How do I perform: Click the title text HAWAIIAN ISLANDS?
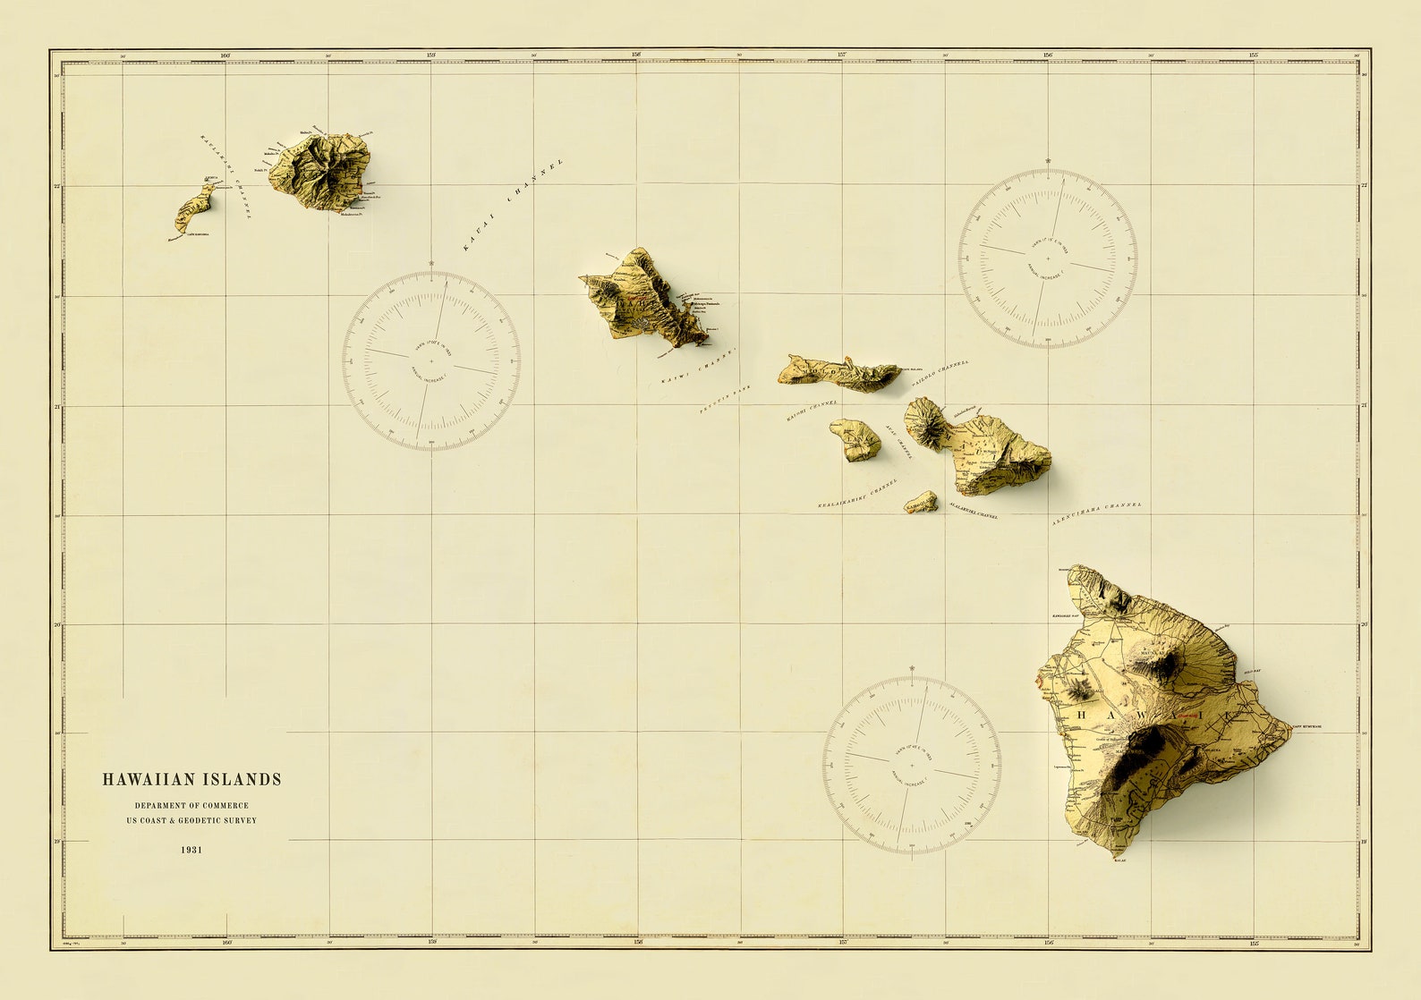(191, 780)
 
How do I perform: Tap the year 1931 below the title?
(191, 850)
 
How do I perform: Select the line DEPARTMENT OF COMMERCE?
(191, 806)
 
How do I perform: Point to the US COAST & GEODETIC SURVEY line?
(191, 820)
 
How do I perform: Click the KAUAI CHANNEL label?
(513, 205)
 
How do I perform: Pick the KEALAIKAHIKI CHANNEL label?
(856, 494)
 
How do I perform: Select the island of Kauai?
(322, 172)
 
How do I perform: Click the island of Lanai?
(855, 439)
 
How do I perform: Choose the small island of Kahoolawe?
(921, 504)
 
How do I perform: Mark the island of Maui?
(984, 450)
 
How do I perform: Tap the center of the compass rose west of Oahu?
(431, 360)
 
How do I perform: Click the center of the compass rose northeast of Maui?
(1048, 258)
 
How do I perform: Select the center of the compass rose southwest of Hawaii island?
(912, 765)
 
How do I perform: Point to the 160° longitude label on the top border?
(225, 55)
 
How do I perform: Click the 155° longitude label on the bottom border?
(1254, 942)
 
